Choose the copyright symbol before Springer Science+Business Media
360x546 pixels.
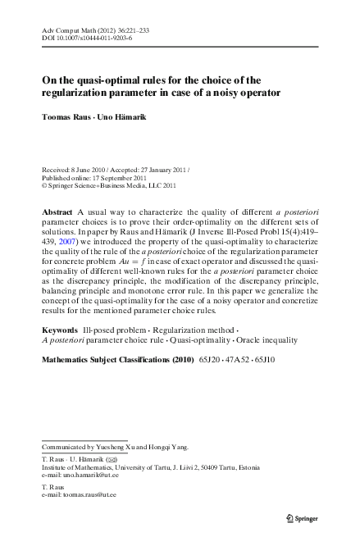pos(43,186)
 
